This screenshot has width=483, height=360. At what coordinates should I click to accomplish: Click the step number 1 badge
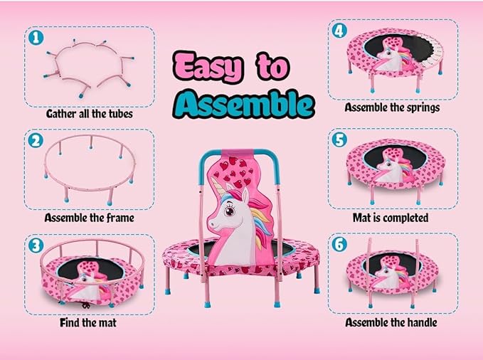(x=36, y=38)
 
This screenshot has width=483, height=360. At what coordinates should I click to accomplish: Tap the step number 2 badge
(x=36, y=141)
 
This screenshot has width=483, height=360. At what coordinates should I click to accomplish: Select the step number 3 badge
(x=36, y=245)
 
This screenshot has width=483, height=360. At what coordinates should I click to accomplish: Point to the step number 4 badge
(x=339, y=31)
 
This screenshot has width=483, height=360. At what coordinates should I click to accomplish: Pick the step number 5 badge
(x=339, y=139)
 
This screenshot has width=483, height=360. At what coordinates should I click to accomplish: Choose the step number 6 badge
(x=339, y=245)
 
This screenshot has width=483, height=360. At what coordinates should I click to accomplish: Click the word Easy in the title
(x=208, y=68)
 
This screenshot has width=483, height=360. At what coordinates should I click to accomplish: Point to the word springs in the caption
(x=423, y=108)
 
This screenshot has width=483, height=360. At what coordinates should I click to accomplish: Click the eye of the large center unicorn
(x=230, y=211)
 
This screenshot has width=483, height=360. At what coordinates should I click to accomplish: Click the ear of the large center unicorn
(x=245, y=195)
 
